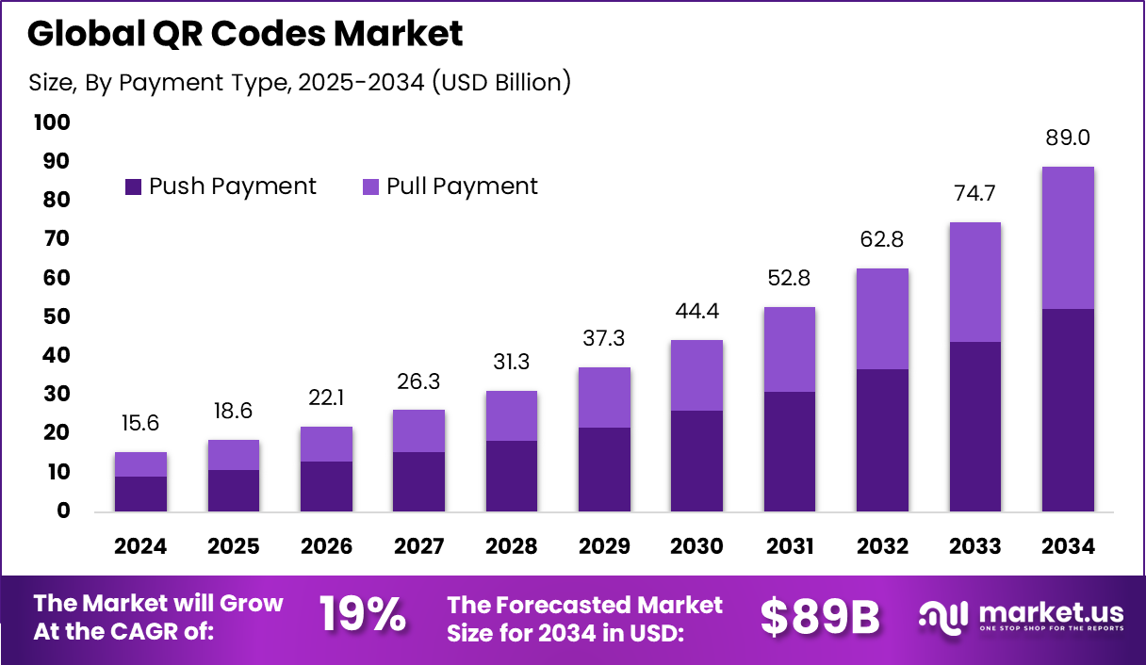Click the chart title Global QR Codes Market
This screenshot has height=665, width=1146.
coord(245,35)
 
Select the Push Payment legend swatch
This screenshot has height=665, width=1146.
coord(134,187)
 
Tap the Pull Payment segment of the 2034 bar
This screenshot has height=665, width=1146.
coord(1068,237)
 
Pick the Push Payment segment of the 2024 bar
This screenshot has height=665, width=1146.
coord(140,494)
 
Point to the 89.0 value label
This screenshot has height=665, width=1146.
coord(1068,138)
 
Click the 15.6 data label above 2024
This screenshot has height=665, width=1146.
coord(140,424)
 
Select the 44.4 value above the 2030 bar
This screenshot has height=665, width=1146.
coord(696,311)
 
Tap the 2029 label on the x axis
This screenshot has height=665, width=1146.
coord(604,546)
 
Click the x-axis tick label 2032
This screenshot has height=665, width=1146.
coord(882,546)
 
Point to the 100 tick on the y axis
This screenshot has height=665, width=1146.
coord(51,122)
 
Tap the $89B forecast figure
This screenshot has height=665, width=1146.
coord(820,617)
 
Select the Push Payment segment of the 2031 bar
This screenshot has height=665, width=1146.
coord(789,451)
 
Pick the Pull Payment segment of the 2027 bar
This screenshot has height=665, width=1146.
coord(418,430)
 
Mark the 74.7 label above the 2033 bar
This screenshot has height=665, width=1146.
coord(974,194)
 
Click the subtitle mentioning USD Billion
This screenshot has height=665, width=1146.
coord(300,82)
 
